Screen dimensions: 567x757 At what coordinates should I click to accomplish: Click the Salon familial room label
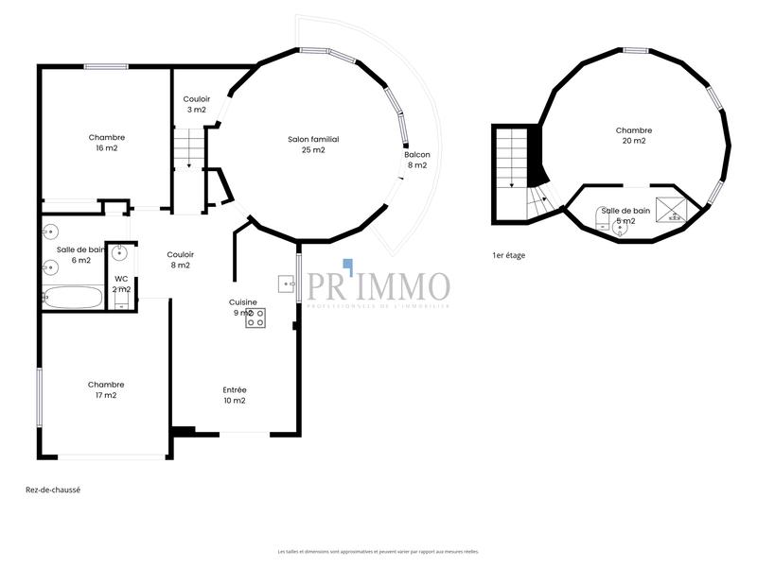(x=313, y=145)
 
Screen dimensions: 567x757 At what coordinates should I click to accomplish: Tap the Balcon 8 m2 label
(x=417, y=160)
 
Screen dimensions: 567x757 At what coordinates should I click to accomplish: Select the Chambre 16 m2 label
(x=106, y=143)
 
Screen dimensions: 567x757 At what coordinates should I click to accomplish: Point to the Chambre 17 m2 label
(x=106, y=390)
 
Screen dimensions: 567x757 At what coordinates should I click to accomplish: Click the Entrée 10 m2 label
(x=235, y=395)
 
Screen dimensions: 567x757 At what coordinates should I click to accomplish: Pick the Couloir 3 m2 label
(x=197, y=104)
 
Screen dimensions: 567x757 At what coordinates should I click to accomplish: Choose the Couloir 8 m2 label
(x=180, y=260)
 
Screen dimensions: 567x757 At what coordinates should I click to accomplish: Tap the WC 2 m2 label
(x=121, y=283)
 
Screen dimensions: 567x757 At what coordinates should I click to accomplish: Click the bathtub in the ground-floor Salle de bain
(x=72, y=299)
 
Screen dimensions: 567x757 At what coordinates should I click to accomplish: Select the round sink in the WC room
(x=120, y=253)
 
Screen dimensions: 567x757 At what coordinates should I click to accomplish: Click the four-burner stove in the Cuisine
(x=255, y=318)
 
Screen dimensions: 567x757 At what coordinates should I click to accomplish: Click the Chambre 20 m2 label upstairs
(x=633, y=136)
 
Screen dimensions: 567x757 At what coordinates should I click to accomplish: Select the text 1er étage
(x=508, y=255)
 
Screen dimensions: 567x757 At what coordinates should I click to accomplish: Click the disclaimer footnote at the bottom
(x=378, y=551)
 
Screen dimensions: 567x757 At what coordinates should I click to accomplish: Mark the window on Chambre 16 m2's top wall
(x=106, y=66)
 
